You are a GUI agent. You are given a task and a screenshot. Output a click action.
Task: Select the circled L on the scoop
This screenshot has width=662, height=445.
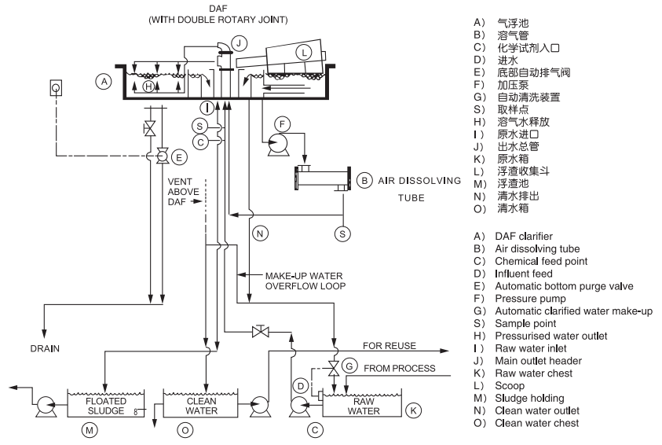305,53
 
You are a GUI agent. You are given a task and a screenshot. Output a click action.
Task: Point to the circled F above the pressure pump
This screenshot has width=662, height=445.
283,123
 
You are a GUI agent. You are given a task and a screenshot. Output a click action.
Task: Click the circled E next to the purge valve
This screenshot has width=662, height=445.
179,157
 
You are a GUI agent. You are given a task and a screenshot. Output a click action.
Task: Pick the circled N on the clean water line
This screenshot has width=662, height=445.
258,233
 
